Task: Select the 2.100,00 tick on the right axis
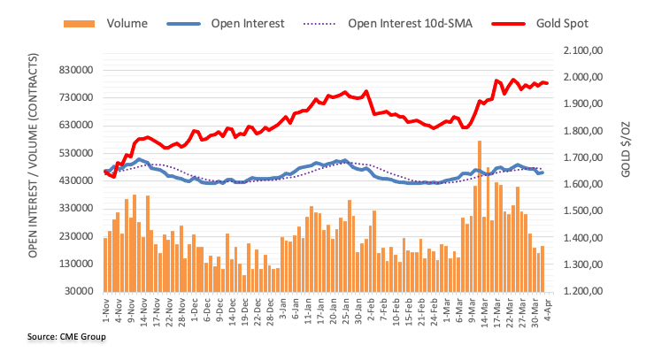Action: [581, 53]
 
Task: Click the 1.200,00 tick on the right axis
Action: [581, 291]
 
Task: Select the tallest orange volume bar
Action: [480, 216]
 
